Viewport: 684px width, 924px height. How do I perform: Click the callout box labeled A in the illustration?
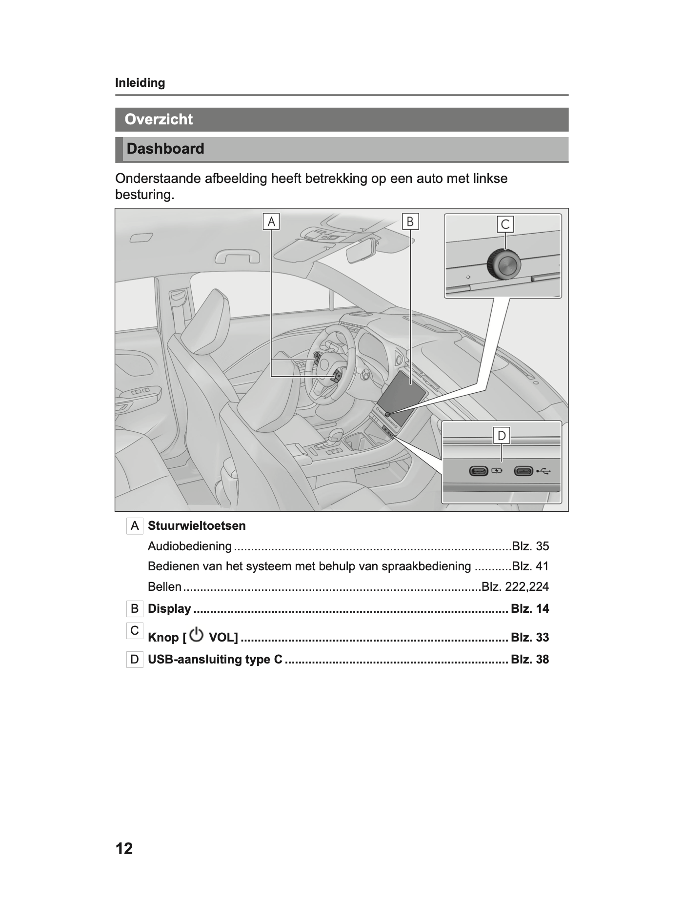tap(271, 221)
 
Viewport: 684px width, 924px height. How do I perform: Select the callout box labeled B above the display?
tap(410, 221)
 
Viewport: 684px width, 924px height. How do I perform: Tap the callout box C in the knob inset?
tap(505, 224)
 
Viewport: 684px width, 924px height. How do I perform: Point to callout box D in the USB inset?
tap(502, 435)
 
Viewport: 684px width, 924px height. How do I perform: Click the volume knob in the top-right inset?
tap(503, 265)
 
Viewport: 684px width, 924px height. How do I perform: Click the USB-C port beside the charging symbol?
tap(479, 471)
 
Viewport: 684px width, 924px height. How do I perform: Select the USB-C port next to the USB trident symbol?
tap(523, 471)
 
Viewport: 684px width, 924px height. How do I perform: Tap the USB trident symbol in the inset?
tap(543, 471)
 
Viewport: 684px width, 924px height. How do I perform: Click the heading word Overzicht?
tap(159, 120)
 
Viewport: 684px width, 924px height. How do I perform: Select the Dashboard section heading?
tap(165, 149)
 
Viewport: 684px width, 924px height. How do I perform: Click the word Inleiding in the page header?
tap(140, 83)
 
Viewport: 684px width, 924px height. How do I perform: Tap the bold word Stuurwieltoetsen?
tap(197, 526)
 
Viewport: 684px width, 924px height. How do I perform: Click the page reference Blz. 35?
tap(530, 546)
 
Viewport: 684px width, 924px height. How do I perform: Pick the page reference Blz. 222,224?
tap(515, 587)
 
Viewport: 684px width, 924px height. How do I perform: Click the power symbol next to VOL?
tap(196, 635)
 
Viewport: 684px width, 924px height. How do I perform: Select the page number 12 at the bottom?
tap(124, 849)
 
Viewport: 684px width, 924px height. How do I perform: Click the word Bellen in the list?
tap(164, 587)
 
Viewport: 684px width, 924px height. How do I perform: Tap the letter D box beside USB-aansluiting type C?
tap(135, 660)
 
